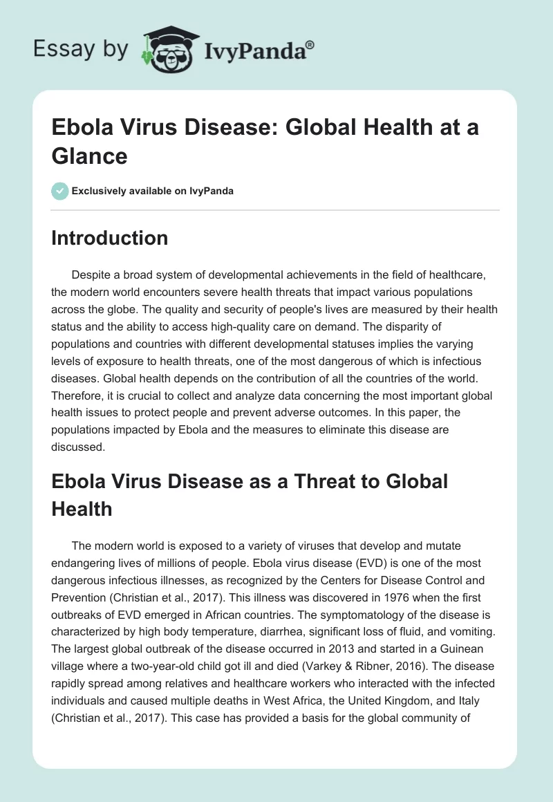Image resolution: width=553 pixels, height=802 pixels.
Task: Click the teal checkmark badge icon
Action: click(x=59, y=191)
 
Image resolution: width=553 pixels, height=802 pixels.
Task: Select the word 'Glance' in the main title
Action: click(x=89, y=156)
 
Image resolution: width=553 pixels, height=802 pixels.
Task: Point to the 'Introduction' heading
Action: click(x=110, y=238)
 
